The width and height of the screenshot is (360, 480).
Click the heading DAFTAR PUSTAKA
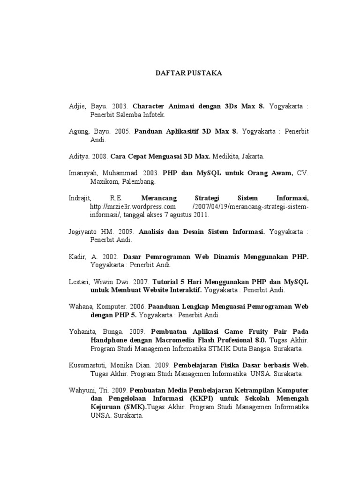tap(182, 74)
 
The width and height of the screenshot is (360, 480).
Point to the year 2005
tap(120, 132)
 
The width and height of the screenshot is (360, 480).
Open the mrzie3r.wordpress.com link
tap(133, 207)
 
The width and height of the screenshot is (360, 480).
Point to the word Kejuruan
tap(105, 408)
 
